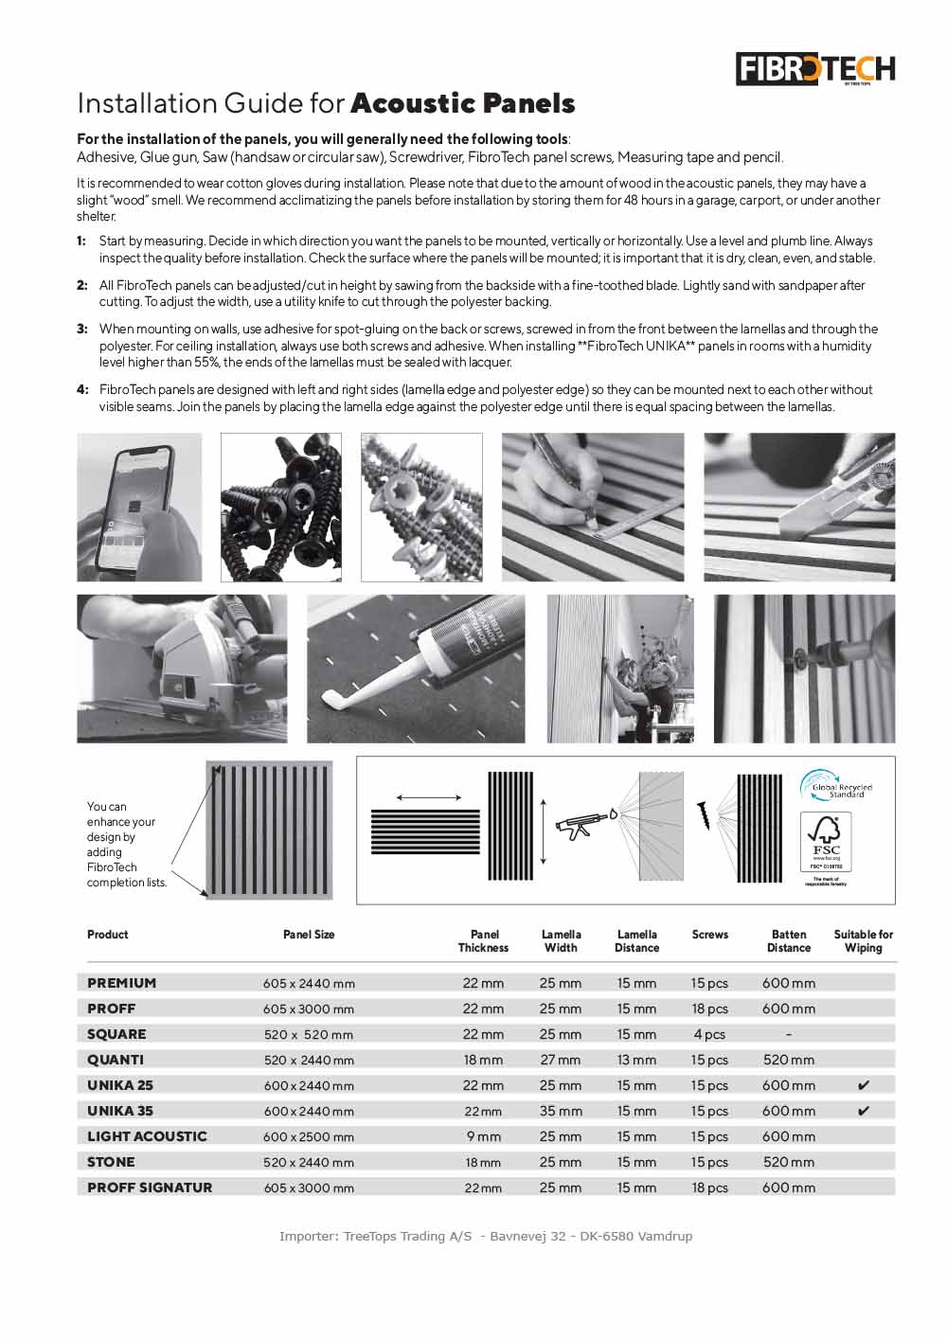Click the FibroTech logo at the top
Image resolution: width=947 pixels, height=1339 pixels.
pos(815,69)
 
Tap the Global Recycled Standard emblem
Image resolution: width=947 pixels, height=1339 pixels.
pos(835,786)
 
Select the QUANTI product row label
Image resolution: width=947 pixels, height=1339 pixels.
pos(116,1060)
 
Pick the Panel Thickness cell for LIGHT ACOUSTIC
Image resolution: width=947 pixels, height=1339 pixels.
pos(483,1136)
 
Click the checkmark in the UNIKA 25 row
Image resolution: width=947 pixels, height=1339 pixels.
pos(863,1085)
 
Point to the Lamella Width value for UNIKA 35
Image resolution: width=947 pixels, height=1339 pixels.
pos(561,1111)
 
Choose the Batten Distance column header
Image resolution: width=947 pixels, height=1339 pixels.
pos(789,940)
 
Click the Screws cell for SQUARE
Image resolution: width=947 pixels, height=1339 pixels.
pos(709,1034)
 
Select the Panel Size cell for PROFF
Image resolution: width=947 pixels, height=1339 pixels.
pos(309,1009)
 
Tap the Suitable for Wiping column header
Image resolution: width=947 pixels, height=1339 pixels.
pos(863,940)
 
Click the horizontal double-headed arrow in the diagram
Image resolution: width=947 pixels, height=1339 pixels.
pos(429,797)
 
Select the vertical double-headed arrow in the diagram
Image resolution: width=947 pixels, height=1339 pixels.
pos(543,831)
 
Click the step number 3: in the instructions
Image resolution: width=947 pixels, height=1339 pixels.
pos(82,330)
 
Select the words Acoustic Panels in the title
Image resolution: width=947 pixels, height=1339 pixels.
pos(463,102)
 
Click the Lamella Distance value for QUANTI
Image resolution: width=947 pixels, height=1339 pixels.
pos(636,1060)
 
